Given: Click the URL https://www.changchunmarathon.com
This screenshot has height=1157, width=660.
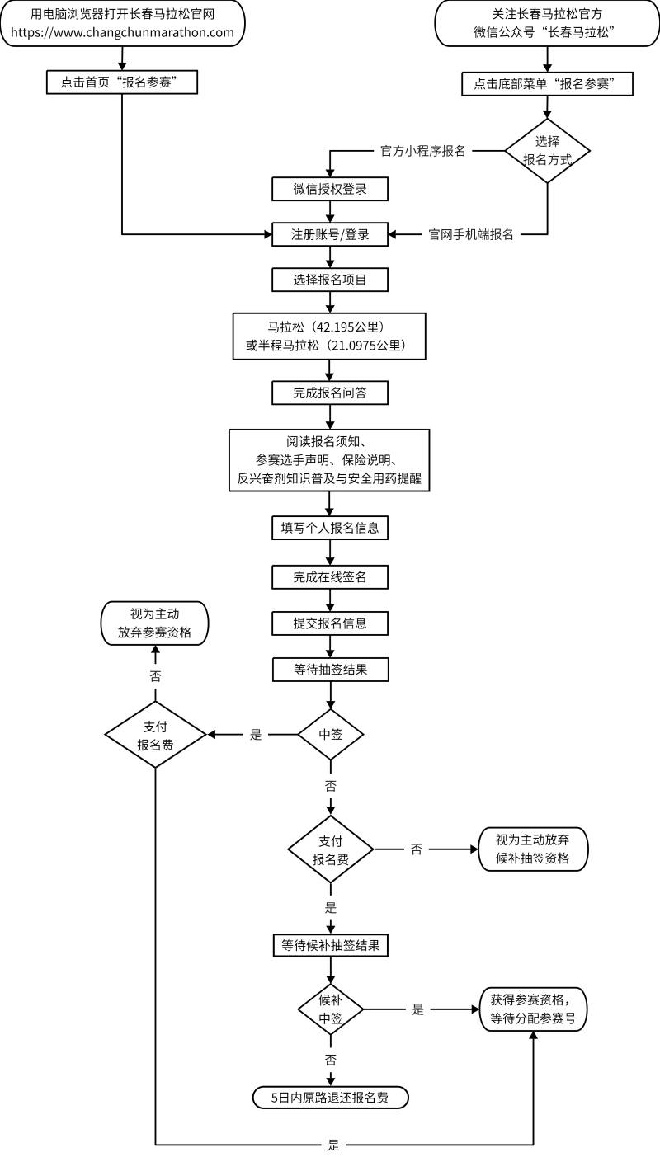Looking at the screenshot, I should click(x=122, y=33).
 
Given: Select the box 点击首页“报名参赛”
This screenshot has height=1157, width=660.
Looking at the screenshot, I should click(x=121, y=82).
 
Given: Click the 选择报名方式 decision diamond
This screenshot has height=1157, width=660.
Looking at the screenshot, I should click(x=547, y=150).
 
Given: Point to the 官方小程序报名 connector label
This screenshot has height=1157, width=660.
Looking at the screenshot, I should click(x=422, y=151).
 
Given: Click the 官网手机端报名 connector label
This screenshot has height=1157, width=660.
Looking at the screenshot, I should click(x=471, y=234).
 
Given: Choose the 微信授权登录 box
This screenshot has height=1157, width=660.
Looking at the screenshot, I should click(x=330, y=189).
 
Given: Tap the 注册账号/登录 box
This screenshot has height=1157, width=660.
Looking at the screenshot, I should click(x=330, y=234).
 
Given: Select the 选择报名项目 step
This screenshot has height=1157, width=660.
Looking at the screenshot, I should click(x=330, y=280).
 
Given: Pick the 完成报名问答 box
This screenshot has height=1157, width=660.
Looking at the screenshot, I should click(x=330, y=393).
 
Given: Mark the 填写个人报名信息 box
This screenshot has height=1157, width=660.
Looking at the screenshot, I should click(x=330, y=528).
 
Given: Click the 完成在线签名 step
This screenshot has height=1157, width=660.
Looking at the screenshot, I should click(x=330, y=577).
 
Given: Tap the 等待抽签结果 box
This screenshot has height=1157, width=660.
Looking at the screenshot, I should click(x=330, y=670).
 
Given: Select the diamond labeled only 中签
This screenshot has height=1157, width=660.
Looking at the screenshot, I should click(x=330, y=734).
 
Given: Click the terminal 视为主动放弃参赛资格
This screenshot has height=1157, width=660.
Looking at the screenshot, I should click(x=155, y=623).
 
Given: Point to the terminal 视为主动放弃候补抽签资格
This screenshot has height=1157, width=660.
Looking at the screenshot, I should click(x=535, y=849).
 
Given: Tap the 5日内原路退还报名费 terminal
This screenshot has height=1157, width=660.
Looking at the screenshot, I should click(x=330, y=1098).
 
